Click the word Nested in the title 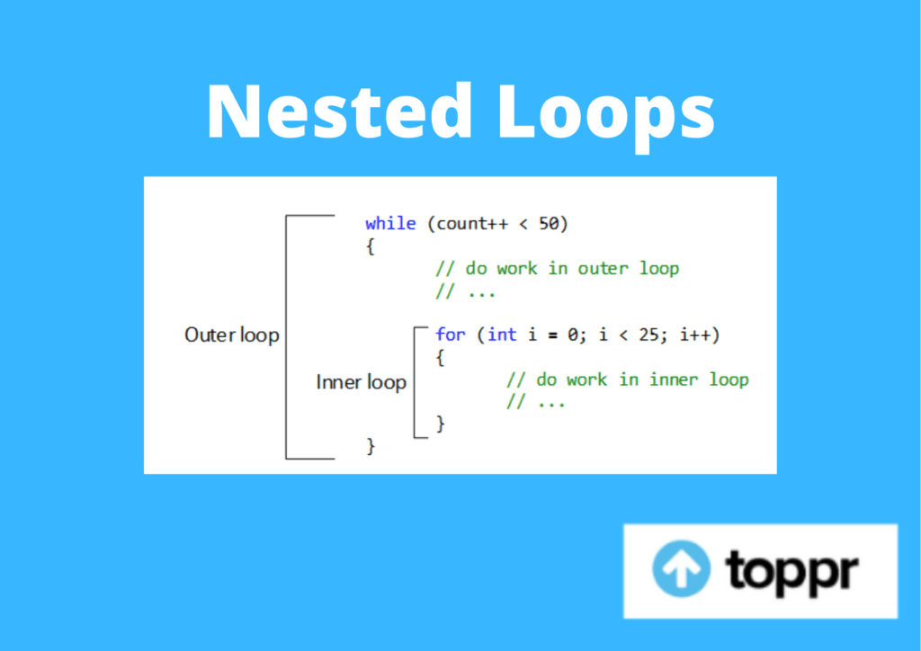[340, 111]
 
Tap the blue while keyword [390, 224]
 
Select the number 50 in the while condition [549, 224]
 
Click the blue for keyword [451, 334]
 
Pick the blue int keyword [502, 334]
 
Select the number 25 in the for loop [649, 334]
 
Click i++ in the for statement [695, 334]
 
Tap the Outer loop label [232, 334]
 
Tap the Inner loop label [362, 382]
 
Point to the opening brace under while [370, 246]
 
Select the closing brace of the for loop [441, 424]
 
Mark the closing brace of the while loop [370, 446]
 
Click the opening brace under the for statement [441, 358]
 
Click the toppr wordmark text [791, 569]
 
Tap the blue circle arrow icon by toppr [682, 569]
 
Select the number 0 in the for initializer [573, 334]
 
